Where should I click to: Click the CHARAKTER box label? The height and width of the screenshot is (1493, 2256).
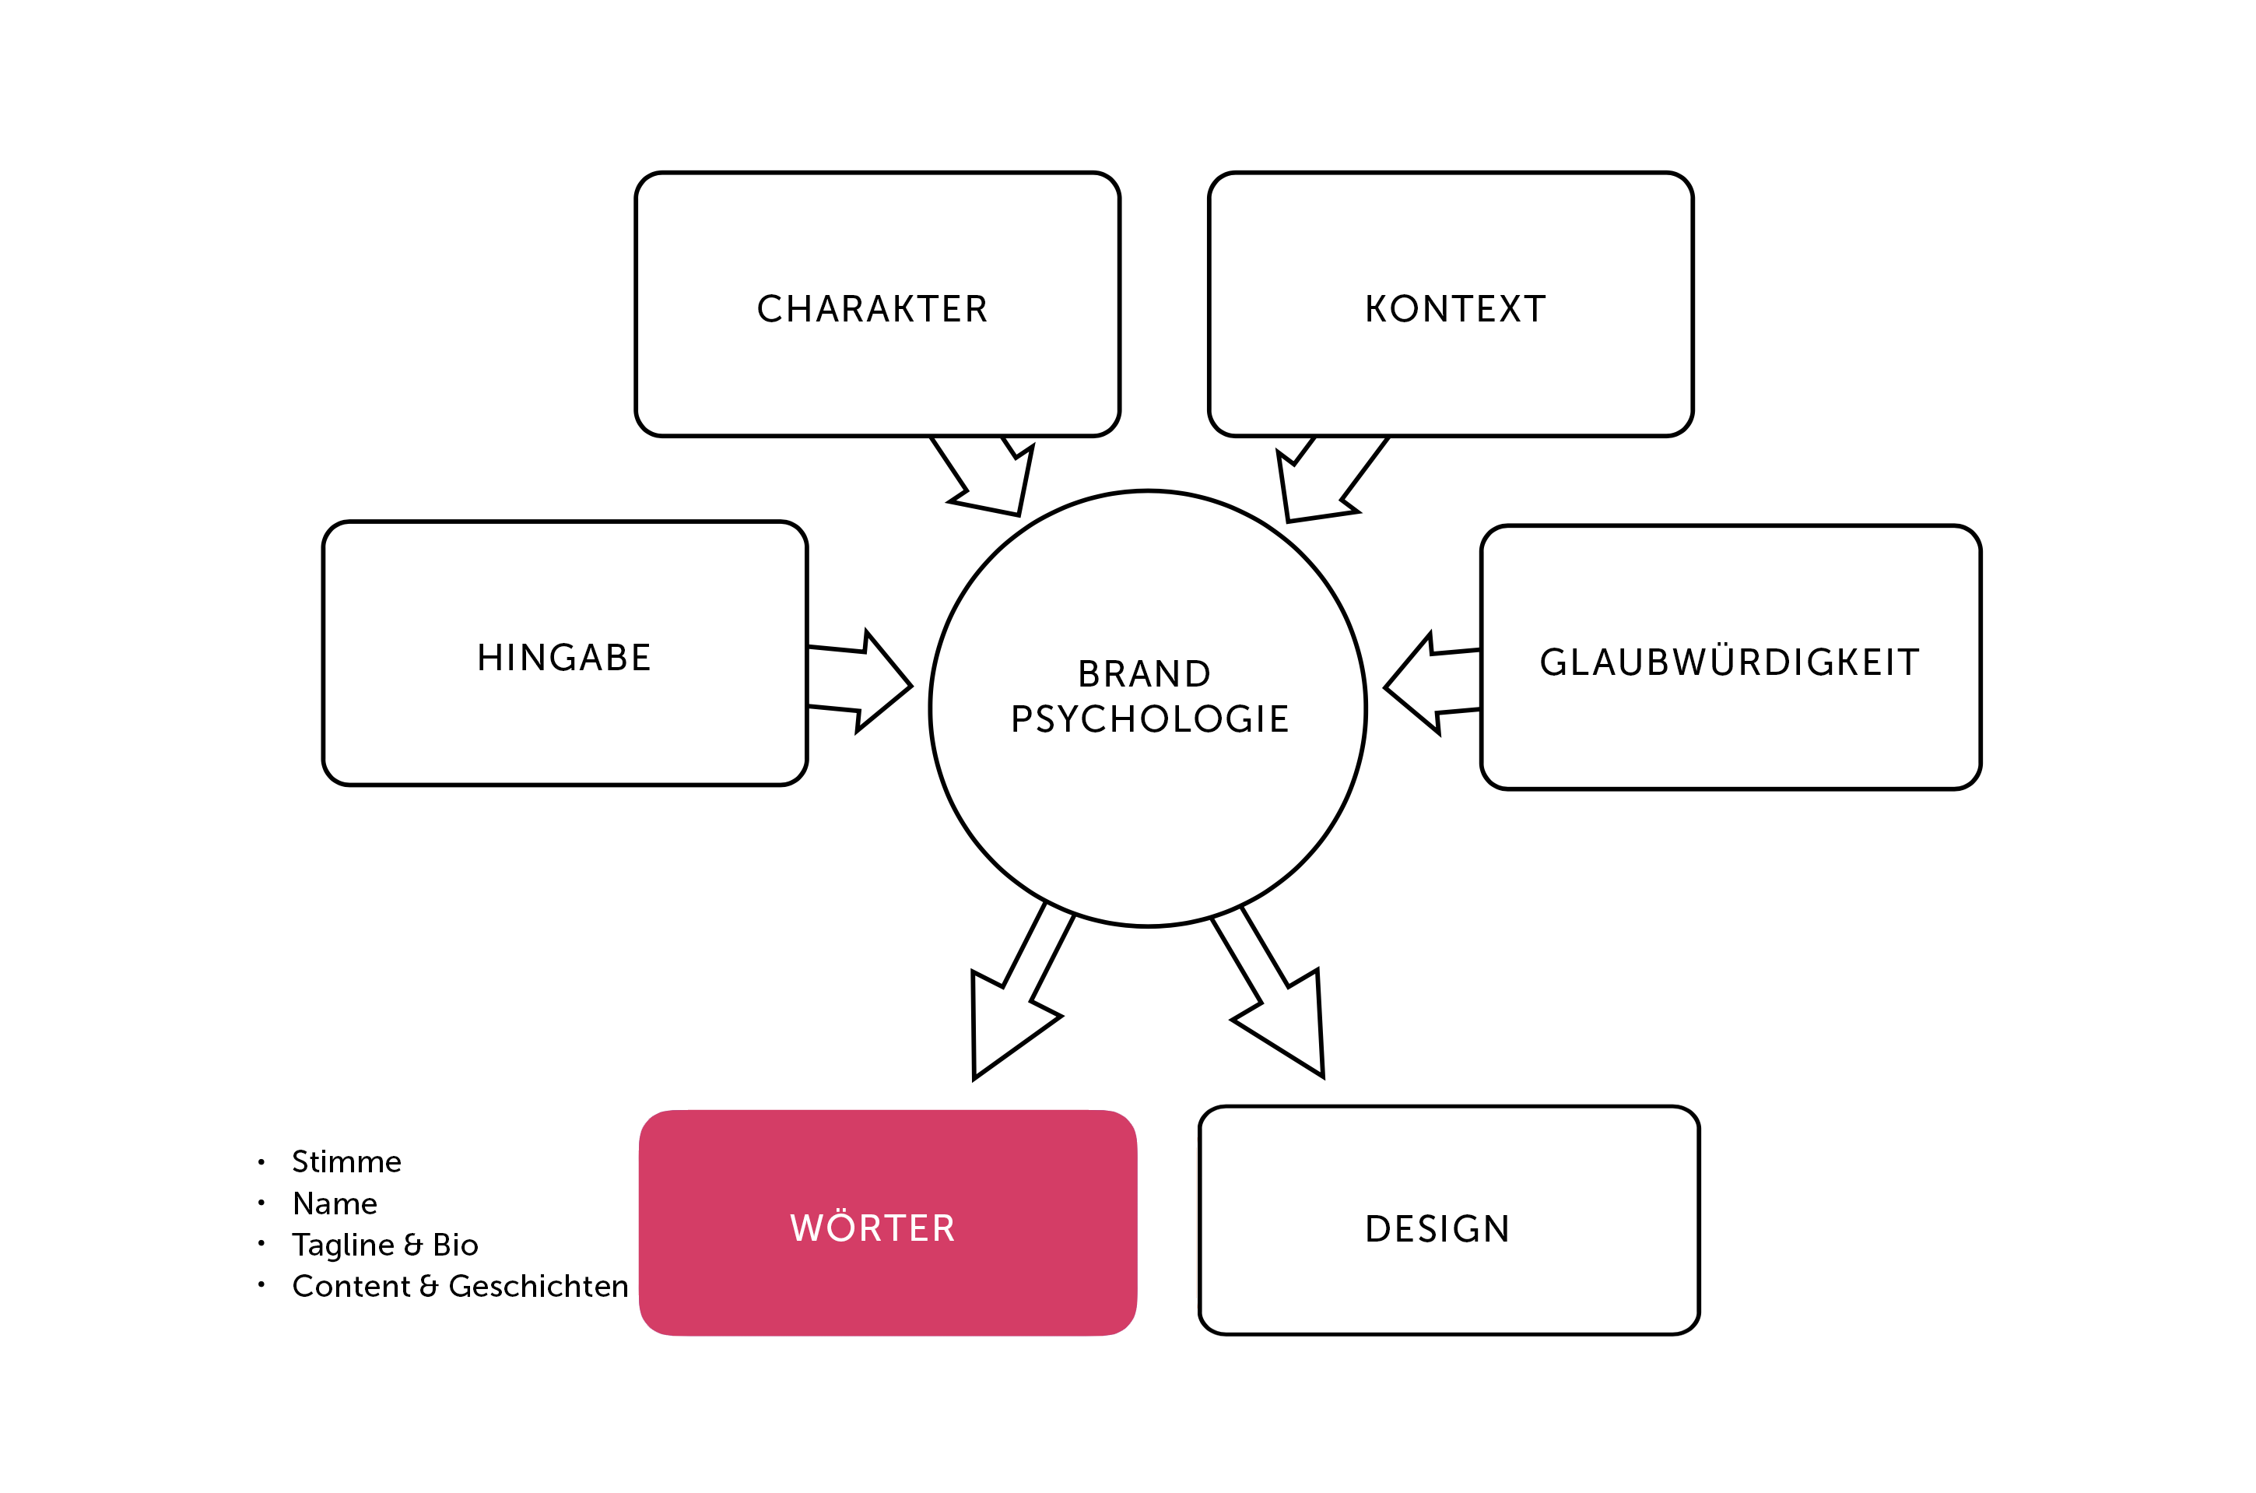(872, 308)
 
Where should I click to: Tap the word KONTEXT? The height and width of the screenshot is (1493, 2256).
(1455, 308)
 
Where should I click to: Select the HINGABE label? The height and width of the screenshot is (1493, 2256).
(564, 657)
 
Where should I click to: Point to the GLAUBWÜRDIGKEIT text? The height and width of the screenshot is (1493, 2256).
(1730, 661)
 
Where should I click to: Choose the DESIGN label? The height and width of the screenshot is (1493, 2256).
(1437, 1228)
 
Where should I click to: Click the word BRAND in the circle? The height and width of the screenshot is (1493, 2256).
(1144, 674)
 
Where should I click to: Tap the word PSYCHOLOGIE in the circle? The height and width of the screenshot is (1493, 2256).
(1150, 719)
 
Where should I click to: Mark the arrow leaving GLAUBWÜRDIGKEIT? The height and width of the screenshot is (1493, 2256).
(1433, 683)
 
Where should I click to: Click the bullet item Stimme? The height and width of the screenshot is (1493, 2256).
(346, 1161)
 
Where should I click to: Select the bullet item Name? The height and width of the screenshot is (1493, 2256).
(335, 1203)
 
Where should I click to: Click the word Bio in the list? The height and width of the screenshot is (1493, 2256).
(455, 1245)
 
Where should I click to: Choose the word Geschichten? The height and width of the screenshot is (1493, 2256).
(539, 1287)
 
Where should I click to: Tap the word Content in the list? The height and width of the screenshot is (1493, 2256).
(351, 1287)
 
